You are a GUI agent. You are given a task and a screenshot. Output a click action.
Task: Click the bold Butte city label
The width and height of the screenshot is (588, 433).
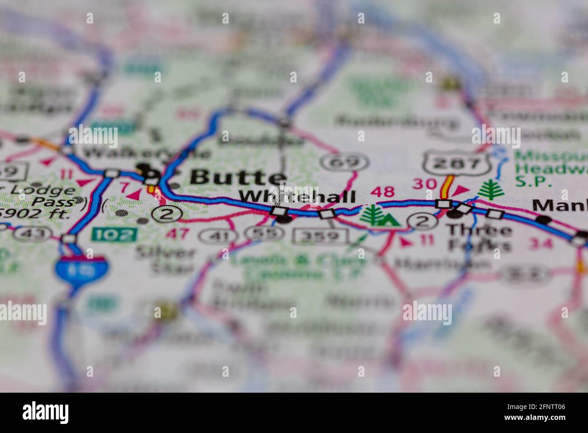tap(238, 178)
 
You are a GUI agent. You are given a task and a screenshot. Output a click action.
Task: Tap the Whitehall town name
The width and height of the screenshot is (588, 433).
tap(297, 196)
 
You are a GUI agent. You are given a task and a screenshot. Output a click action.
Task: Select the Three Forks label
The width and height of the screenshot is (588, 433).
tap(479, 237)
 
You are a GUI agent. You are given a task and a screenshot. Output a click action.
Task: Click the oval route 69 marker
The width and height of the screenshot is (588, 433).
tap(345, 162)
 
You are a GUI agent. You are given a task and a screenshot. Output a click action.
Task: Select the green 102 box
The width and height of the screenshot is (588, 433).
tap(114, 234)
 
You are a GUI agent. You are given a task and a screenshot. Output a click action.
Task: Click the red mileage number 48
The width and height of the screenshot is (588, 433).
tap(382, 192)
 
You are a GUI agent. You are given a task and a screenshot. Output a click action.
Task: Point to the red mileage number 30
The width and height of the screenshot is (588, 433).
tap(425, 184)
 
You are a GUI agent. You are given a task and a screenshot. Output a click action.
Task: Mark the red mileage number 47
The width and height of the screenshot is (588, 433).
tap(177, 234)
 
